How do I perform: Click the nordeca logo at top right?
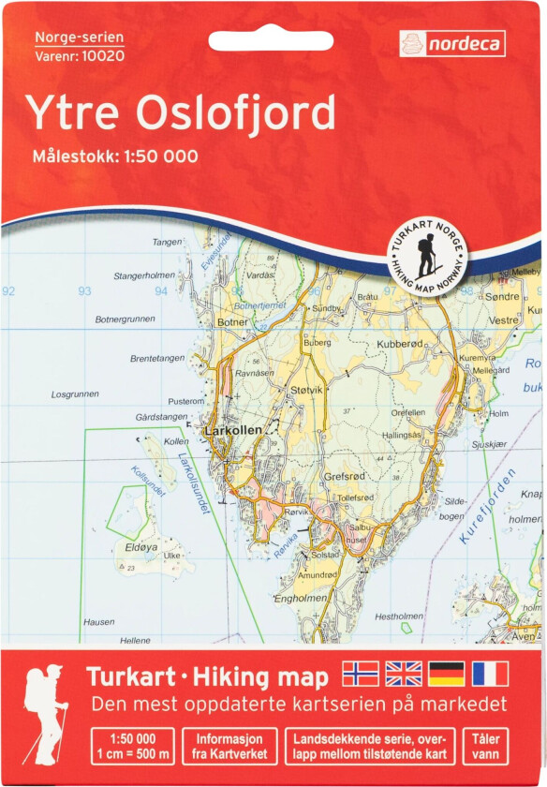[x=452, y=43]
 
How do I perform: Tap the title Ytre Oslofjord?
[x=180, y=113]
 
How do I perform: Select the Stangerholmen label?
[x=144, y=276]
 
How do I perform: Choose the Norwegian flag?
[x=362, y=674]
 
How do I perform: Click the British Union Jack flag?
[x=404, y=674]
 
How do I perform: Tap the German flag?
[x=447, y=674]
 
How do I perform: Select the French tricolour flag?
[x=490, y=674]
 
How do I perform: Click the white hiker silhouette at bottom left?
[x=44, y=717]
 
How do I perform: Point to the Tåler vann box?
[x=486, y=744]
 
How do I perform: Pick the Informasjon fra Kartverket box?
[x=229, y=744]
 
